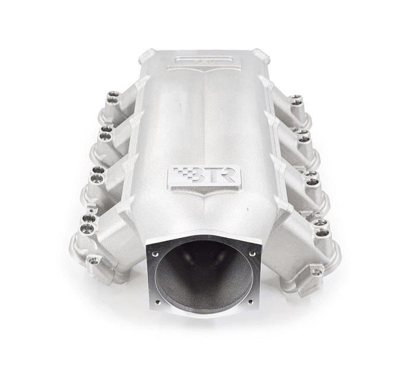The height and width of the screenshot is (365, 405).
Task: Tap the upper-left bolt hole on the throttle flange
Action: (x=156, y=253)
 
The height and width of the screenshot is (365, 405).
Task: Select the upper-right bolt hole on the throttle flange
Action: (x=252, y=253)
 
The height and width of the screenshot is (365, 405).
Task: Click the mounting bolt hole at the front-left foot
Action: (x=94, y=260)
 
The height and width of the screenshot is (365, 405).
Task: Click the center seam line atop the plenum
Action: (x=205, y=119)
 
